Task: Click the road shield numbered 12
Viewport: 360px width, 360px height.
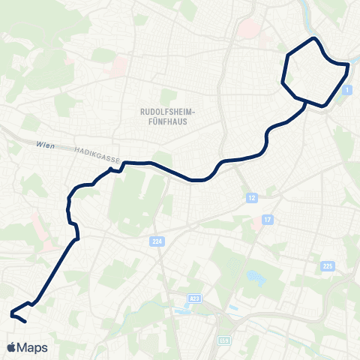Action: point(251,197)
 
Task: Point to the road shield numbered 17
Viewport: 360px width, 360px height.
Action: point(267,219)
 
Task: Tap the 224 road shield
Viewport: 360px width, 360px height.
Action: point(155,242)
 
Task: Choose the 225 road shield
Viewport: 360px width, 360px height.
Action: point(327,265)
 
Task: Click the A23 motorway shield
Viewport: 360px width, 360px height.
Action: point(195,298)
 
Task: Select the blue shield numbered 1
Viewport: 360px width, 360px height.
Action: point(346,90)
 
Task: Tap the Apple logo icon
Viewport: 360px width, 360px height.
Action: point(13,347)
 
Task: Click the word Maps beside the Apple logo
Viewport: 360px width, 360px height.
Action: point(33,347)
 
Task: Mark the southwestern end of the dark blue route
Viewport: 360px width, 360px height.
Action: point(26,322)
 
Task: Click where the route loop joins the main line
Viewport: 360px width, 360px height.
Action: point(302,100)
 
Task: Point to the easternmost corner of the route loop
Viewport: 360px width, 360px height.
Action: point(349,66)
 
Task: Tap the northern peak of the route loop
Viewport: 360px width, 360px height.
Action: point(314,38)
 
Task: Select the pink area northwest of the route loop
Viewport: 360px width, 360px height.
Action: point(247,29)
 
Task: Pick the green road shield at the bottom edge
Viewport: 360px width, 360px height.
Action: point(223,341)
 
